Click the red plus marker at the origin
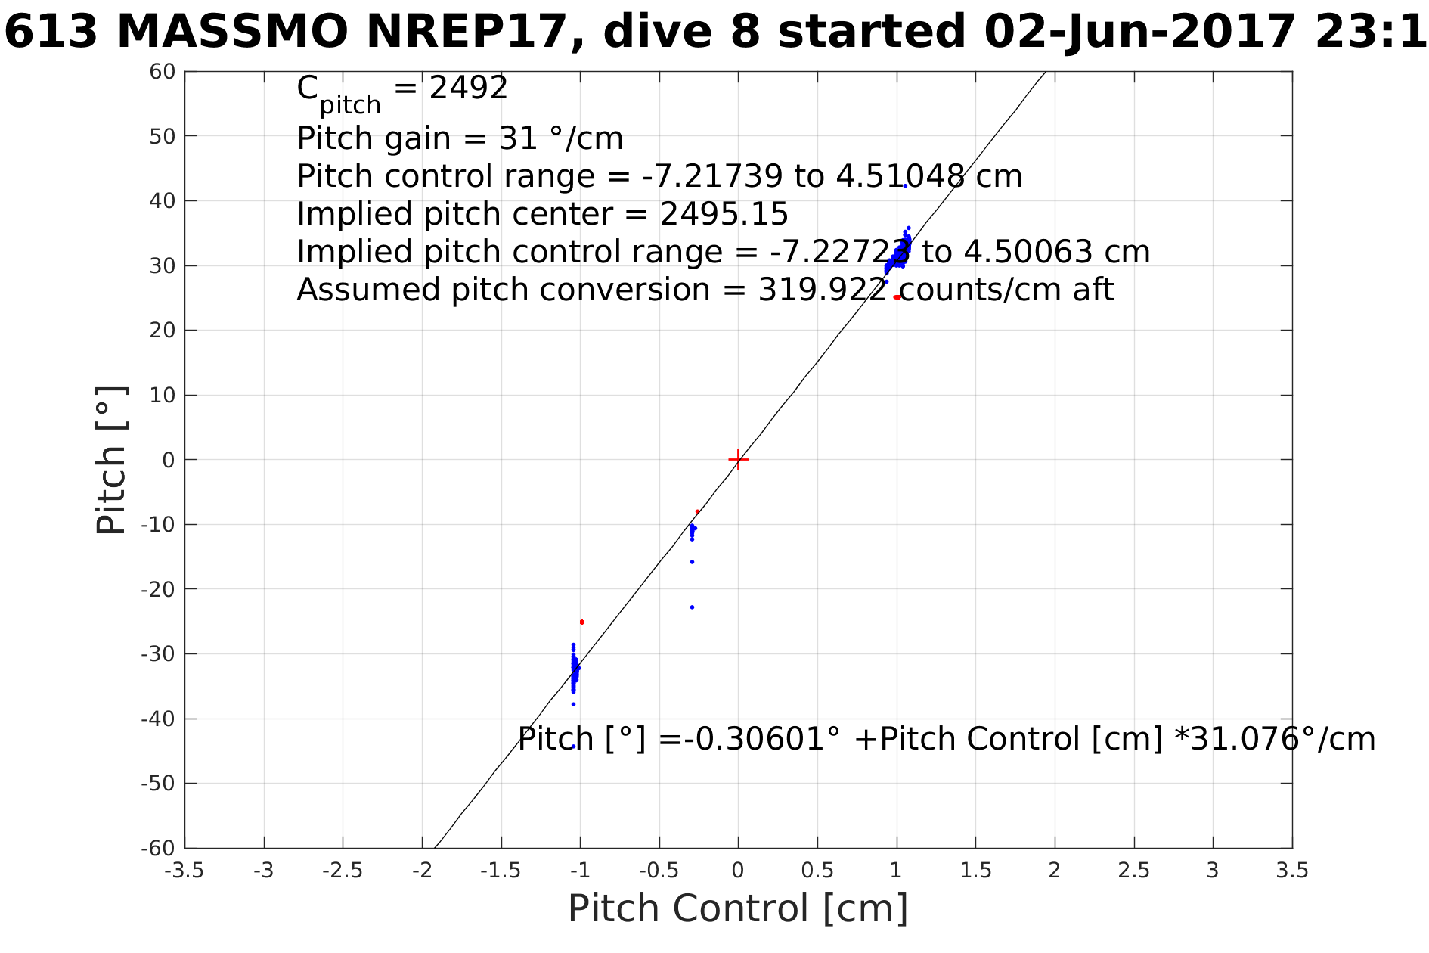click(738, 459)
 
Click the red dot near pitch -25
click(581, 622)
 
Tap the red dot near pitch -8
click(697, 511)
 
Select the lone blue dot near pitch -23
click(692, 607)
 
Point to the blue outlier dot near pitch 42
click(905, 186)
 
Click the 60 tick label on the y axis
click(163, 72)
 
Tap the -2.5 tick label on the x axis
click(343, 871)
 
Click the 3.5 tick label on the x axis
click(1292, 871)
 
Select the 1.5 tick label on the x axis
click(975, 871)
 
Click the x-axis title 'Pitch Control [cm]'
click(738, 908)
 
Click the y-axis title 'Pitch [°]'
click(112, 460)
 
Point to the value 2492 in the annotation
click(468, 88)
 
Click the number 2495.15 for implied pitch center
click(724, 214)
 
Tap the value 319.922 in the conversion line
click(822, 290)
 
